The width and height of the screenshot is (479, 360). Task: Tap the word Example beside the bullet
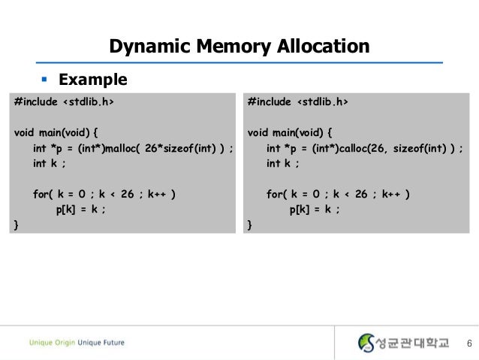click(x=93, y=80)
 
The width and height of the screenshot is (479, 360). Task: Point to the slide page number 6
click(x=468, y=344)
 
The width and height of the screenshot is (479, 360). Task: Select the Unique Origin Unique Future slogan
click(x=77, y=343)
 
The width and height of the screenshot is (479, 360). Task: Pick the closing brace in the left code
click(x=17, y=225)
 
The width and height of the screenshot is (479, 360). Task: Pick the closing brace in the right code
click(x=250, y=225)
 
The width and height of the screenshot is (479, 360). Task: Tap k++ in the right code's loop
click(x=390, y=194)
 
